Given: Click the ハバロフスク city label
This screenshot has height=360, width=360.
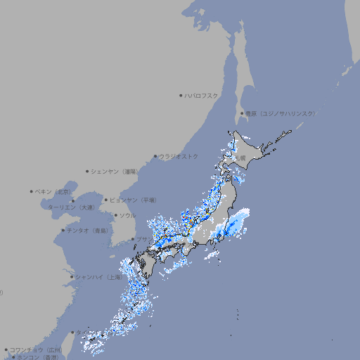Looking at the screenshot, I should (x=201, y=95).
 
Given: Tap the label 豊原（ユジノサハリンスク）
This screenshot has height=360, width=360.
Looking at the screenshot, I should (x=280, y=113).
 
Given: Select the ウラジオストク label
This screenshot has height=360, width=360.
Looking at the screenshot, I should (x=179, y=156).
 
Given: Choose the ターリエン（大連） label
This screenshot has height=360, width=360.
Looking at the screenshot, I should (x=71, y=207).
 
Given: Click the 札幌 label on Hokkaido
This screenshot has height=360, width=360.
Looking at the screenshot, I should (x=240, y=158).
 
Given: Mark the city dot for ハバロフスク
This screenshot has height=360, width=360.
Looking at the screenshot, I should (x=181, y=95).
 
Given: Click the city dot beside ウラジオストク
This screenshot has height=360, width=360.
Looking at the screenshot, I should (x=155, y=156).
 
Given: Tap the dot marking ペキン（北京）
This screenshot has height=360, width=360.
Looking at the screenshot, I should (x=32, y=191).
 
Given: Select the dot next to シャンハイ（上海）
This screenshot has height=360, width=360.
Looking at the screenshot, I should (x=72, y=277).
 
